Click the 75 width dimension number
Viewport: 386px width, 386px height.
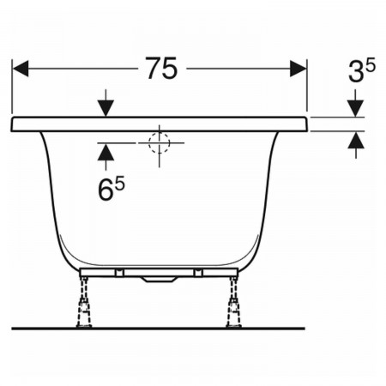coord(161,68)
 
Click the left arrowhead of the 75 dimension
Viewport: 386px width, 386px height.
coord(21,69)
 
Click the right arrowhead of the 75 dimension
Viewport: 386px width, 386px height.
coord(298,69)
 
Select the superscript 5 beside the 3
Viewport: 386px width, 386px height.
coord(371,65)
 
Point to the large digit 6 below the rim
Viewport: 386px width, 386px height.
coord(105,190)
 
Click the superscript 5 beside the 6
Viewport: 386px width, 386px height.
coord(120,183)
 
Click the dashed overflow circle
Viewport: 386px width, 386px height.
coord(160,143)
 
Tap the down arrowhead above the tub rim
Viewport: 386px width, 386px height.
coord(106,108)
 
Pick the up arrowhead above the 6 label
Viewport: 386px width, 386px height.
coord(106,152)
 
